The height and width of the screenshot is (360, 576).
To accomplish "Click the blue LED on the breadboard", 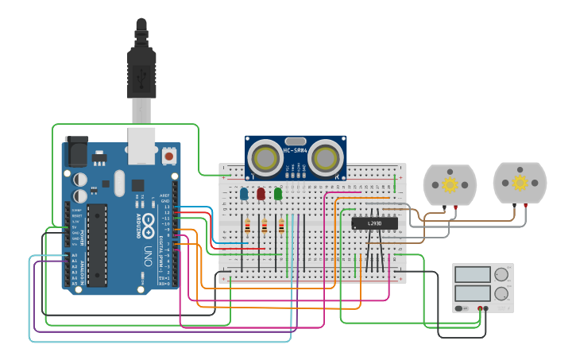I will pos(244,193).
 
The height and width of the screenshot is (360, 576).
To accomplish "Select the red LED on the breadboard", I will pos(261,193).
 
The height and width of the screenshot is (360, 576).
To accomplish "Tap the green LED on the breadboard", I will pos(278,193).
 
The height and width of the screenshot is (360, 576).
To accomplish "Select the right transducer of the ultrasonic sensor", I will pos(327,158).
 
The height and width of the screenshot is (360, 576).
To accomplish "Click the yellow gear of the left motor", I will pos(450,185).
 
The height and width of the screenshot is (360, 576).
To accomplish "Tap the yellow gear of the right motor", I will pos(520,184).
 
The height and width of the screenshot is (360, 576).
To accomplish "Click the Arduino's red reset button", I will pos(169,157).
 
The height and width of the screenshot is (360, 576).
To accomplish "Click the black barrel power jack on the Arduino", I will pos(76,151).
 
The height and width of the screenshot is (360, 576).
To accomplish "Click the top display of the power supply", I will pos(474,274).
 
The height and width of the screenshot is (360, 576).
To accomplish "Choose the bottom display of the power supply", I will pos(474,292).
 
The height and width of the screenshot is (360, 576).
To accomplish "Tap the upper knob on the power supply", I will pos(501,274).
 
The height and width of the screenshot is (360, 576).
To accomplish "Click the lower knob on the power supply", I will pos(501,292).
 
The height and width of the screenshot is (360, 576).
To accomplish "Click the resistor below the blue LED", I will pos(247,226).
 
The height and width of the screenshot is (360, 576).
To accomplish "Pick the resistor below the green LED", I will pos(282,226).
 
